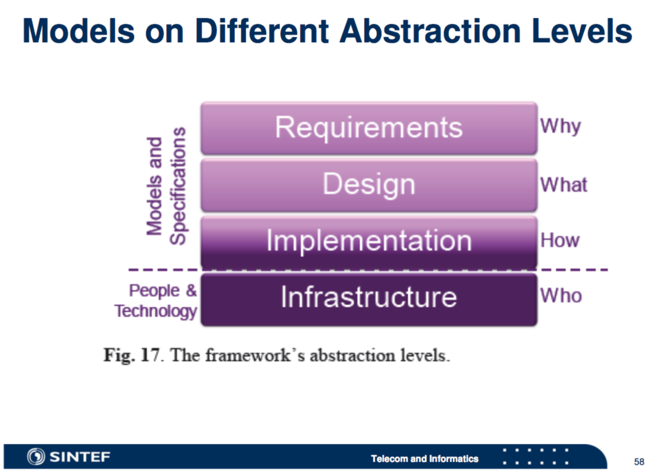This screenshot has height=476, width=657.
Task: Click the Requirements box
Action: click(369, 128)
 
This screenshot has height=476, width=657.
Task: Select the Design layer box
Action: click(369, 185)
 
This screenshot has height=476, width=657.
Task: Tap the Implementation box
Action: click(369, 241)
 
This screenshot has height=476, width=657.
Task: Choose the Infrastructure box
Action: click(369, 299)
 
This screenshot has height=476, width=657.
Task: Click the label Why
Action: click(560, 127)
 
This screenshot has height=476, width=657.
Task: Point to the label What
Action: click(564, 185)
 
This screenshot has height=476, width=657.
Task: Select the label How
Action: click(560, 240)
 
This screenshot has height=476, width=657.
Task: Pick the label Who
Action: click(561, 295)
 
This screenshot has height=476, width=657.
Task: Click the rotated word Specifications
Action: click(178, 185)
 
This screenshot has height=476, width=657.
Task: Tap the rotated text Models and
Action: click(154, 186)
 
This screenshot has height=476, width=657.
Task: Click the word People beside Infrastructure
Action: click(154, 291)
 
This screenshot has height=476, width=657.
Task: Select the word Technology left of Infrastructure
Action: click(156, 311)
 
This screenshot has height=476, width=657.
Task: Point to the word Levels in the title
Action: click(582, 31)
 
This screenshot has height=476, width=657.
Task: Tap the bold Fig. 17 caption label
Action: click(131, 355)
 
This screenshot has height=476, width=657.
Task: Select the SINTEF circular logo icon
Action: click(36, 456)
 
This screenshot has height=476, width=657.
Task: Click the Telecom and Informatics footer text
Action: click(425, 459)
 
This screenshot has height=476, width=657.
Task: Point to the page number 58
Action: click(639, 461)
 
